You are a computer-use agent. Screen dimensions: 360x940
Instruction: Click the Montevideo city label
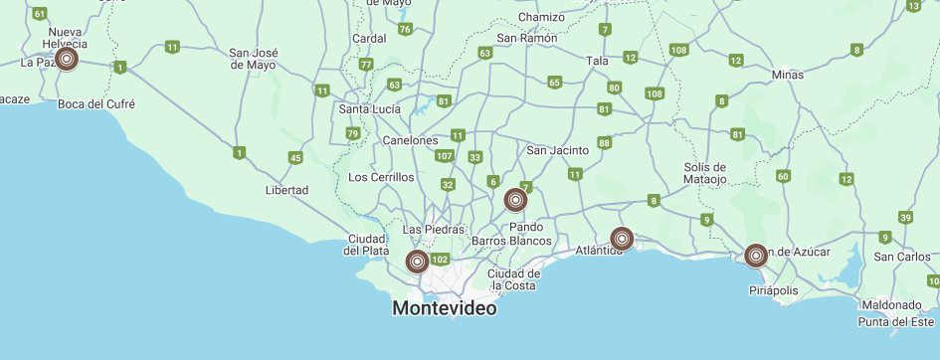pos(445,308)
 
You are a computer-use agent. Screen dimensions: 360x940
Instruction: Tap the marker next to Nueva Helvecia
pos(67,59)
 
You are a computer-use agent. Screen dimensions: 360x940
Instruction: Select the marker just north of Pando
pos(515,200)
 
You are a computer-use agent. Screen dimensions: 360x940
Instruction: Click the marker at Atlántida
pos(622,239)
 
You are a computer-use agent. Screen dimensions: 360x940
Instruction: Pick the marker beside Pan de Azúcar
pos(756,256)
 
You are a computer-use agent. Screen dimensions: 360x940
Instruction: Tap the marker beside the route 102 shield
pos(418,262)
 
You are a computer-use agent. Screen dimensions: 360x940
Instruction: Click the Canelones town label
pos(410,140)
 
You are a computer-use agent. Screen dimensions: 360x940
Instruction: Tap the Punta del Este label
pos(898,321)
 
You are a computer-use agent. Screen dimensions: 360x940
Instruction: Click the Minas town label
pos(787,75)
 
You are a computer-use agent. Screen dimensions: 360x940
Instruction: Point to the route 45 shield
pos(295,158)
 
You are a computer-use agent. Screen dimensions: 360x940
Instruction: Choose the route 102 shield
pos(441,259)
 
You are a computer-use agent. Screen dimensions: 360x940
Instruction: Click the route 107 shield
pos(445,156)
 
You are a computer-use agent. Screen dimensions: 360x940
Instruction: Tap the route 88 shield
pos(605,144)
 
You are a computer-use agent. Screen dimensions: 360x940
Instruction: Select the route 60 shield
pos(783,176)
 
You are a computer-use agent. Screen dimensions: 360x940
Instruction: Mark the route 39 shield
pos(905,218)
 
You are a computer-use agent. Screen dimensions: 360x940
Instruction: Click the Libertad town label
pos(286,190)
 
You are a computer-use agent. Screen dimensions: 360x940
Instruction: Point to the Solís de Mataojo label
pos(705,173)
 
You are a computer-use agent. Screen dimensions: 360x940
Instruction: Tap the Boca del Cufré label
pos(96,103)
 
